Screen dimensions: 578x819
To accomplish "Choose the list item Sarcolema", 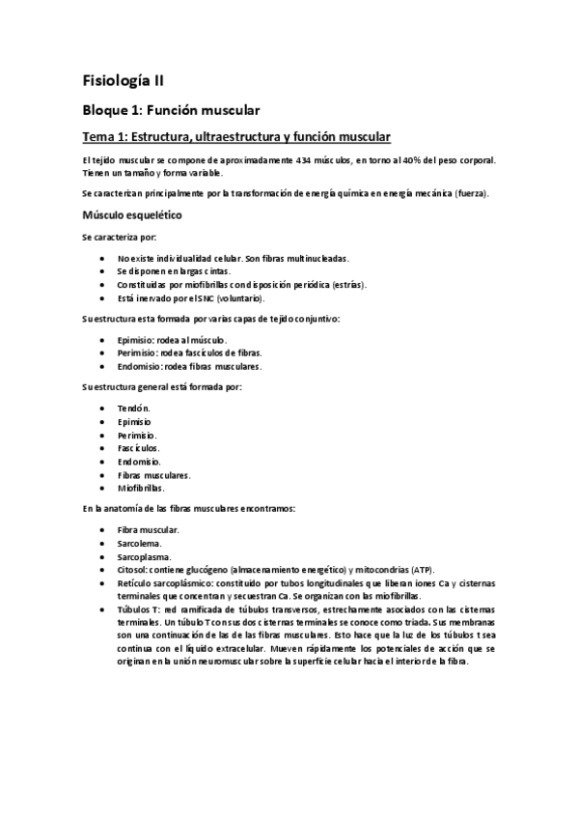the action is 138,544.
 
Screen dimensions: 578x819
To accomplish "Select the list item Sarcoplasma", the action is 143,557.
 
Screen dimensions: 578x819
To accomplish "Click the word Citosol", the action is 131,571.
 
